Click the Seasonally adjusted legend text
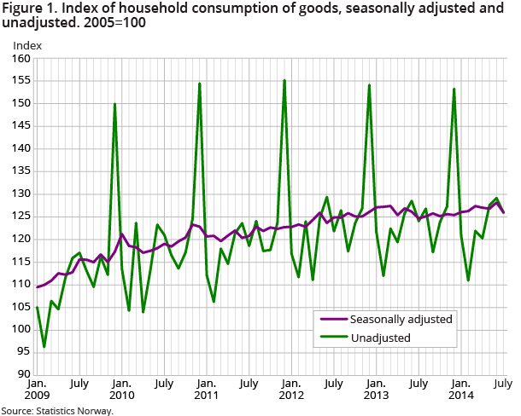coord(401,319)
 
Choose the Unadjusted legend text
coord(380,338)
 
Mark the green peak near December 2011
coord(284,80)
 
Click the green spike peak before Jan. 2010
coord(114,104)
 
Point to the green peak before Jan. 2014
coord(454,89)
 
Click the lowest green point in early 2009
coord(44,346)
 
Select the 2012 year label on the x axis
coord(291,396)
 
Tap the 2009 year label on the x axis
coord(38,396)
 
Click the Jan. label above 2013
coord(376,384)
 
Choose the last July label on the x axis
coord(503,384)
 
